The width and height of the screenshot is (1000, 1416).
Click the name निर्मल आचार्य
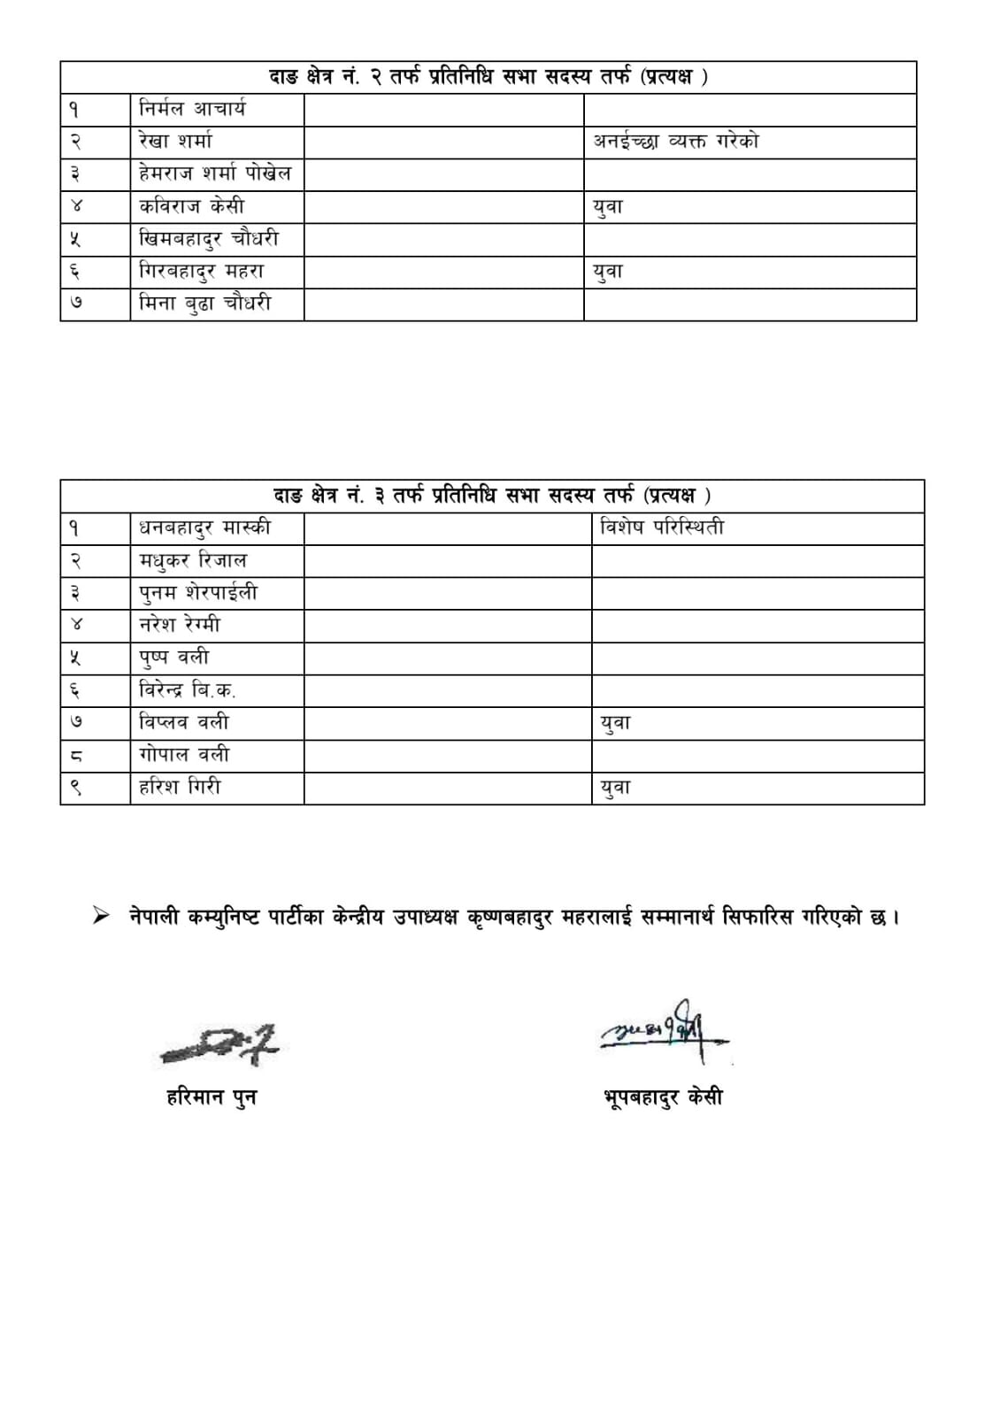pos(192,109)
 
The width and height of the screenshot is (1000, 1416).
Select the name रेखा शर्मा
pos(176,142)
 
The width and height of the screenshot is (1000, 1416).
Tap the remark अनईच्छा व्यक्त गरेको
pos(676,142)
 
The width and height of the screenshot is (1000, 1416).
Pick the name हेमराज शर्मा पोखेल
pos(215,173)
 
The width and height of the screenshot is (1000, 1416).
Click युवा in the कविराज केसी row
pos(608,207)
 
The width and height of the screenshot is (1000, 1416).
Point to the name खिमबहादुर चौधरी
pos(209,239)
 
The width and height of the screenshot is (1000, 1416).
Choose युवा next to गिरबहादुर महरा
pos(608,272)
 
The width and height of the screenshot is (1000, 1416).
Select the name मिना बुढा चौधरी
pos(205,304)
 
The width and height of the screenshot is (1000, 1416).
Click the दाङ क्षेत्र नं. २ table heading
pos(488,77)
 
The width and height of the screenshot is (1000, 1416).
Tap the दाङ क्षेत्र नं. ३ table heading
pos(491,496)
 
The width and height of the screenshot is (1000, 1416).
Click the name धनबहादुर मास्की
pos(204,528)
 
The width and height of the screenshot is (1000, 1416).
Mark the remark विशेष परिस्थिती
pos(662,528)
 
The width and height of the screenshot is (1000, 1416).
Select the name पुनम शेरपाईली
pos(198,593)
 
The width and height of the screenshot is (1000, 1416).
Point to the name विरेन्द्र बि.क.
pos(187,689)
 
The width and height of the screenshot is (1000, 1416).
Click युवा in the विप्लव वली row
pos(615,723)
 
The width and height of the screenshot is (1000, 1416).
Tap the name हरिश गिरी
pos(180,787)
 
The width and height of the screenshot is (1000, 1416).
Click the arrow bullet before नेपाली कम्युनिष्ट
pos(102,916)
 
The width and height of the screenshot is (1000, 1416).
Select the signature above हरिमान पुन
pos(219,1044)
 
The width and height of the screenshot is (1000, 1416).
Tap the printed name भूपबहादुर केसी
pos(662,1097)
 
